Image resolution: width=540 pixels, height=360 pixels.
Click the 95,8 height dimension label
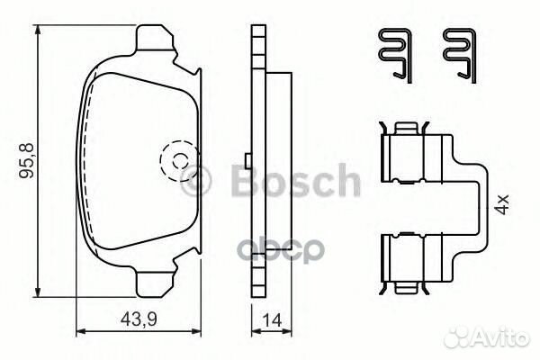click(x=26, y=160)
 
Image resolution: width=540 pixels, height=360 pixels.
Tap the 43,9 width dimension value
click(x=139, y=319)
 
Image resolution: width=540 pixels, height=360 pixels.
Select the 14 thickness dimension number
click(x=272, y=320)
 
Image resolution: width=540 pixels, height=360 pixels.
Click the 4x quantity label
click(x=503, y=204)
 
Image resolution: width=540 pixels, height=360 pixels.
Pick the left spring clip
click(x=396, y=56)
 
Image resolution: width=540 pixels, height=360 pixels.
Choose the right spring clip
click(x=460, y=56)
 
